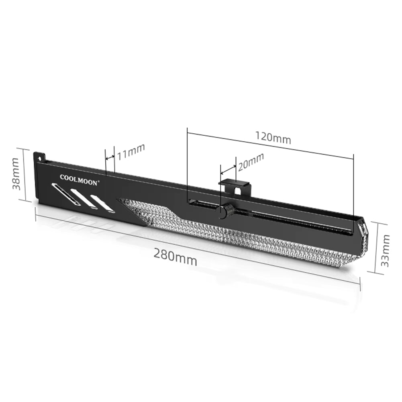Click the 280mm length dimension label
[x=175, y=257]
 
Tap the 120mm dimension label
[x=273, y=138]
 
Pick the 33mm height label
[x=385, y=251]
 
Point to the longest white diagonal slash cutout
[x=65, y=194]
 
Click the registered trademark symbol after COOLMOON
[x=98, y=180]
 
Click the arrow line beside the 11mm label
[x=110, y=157]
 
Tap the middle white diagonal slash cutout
[x=84, y=198]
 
